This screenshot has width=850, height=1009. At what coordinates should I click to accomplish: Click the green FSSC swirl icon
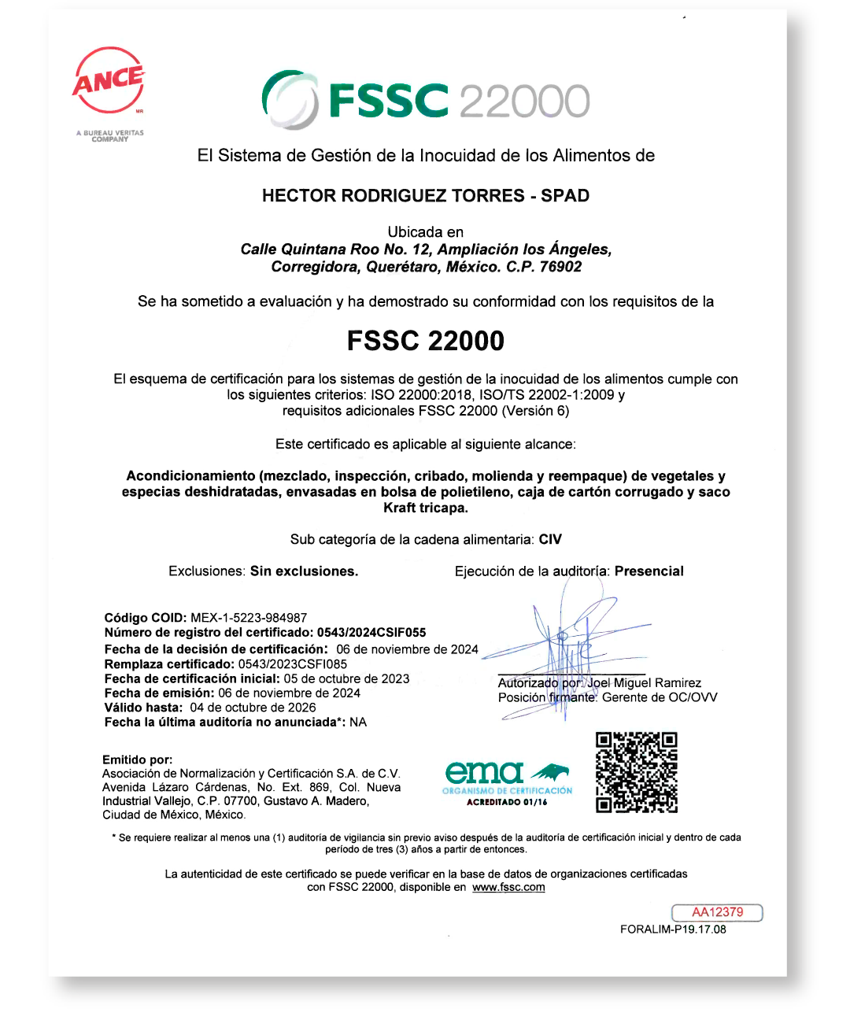(x=290, y=99)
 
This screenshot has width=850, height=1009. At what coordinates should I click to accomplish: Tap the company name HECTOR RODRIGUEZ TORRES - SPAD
(x=426, y=196)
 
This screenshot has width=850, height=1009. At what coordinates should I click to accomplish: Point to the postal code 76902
(x=560, y=267)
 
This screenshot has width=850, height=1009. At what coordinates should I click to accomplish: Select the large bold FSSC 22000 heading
(x=426, y=341)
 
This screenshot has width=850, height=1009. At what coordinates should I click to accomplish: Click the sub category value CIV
(x=550, y=540)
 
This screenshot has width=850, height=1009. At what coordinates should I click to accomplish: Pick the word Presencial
(x=649, y=571)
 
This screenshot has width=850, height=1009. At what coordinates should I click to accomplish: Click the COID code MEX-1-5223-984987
(x=249, y=618)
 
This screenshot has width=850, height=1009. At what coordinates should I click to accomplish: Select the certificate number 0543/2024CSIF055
(x=371, y=633)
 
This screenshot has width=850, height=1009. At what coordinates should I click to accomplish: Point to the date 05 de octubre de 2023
(x=347, y=678)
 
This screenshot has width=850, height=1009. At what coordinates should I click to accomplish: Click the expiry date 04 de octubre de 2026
(x=253, y=708)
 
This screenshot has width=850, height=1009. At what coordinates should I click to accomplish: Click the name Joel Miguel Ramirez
(x=644, y=683)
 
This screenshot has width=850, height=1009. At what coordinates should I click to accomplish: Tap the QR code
(x=637, y=772)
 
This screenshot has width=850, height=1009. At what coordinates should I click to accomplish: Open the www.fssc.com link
(x=508, y=887)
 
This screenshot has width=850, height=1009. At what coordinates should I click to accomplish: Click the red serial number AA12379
(x=717, y=912)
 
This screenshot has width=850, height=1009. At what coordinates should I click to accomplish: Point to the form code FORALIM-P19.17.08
(x=673, y=930)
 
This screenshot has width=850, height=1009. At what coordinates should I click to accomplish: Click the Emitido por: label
(x=137, y=760)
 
